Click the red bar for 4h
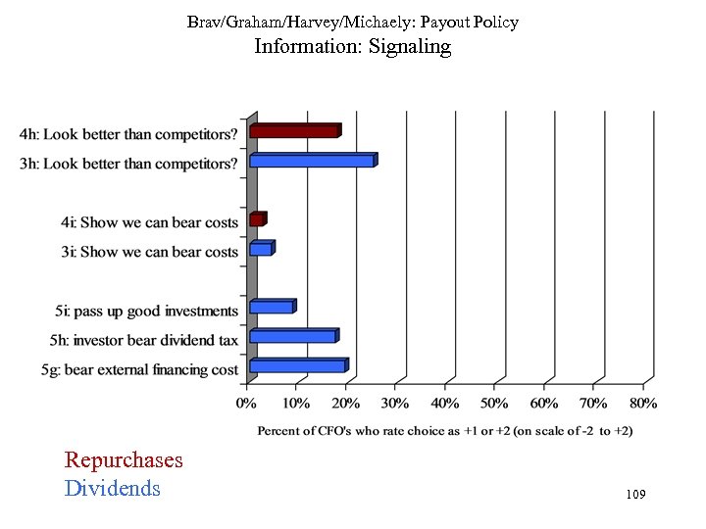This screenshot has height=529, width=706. [x=294, y=131]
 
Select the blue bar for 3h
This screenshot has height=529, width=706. [x=312, y=161]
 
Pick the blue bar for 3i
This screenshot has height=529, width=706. [x=261, y=250]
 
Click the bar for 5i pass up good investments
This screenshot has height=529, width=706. [x=272, y=308]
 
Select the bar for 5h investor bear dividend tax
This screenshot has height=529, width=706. [x=293, y=337]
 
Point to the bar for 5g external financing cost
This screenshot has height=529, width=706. [x=298, y=366]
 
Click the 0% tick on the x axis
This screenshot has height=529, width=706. [x=247, y=403]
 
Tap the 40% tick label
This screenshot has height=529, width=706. [x=446, y=403]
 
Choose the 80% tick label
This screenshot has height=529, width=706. [x=643, y=403]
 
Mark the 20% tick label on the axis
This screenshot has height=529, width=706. [x=346, y=403]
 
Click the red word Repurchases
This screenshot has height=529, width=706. [x=124, y=460]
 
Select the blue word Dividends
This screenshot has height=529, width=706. [x=112, y=488]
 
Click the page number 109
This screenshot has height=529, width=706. [x=634, y=497]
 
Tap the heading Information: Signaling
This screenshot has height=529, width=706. [x=353, y=46]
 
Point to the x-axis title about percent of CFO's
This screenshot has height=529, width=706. [x=444, y=430]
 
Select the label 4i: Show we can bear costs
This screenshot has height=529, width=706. [x=146, y=223]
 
